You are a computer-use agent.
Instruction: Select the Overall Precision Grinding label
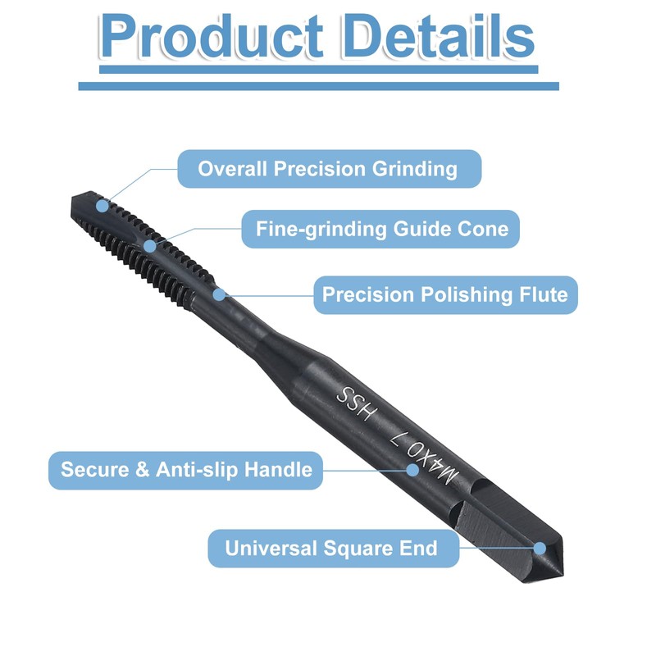[327, 169]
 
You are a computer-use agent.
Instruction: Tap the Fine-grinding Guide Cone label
[381, 229]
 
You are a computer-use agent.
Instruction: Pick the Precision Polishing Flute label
[444, 294]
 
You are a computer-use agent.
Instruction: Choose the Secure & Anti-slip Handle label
[186, 470]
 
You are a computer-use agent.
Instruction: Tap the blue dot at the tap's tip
[102, 202]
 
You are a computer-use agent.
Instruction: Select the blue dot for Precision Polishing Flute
[218, 293]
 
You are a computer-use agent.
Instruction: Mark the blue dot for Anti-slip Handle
[413, 470]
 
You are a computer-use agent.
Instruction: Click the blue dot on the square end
[539, 547]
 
